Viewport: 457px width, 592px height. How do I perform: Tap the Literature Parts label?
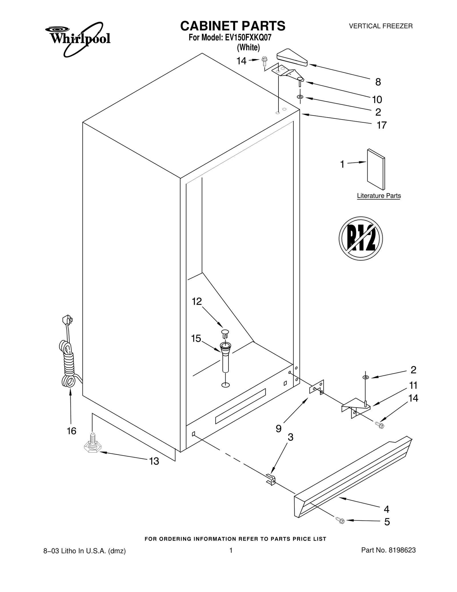coord(379,196)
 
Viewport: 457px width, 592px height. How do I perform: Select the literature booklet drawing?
coord(376,169)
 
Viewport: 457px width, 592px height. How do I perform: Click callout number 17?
coord(382,125)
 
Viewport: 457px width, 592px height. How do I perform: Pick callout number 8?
coord(378,82)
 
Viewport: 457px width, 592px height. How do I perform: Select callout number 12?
coord(197,301)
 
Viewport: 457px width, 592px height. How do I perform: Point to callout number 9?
coord(278,428)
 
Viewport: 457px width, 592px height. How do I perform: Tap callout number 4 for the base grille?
coord(386,509)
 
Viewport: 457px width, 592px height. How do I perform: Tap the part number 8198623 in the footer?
coord(402,550)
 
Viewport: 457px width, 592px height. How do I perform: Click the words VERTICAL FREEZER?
coord(381,26)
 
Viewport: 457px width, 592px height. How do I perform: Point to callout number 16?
coord(71,431)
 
